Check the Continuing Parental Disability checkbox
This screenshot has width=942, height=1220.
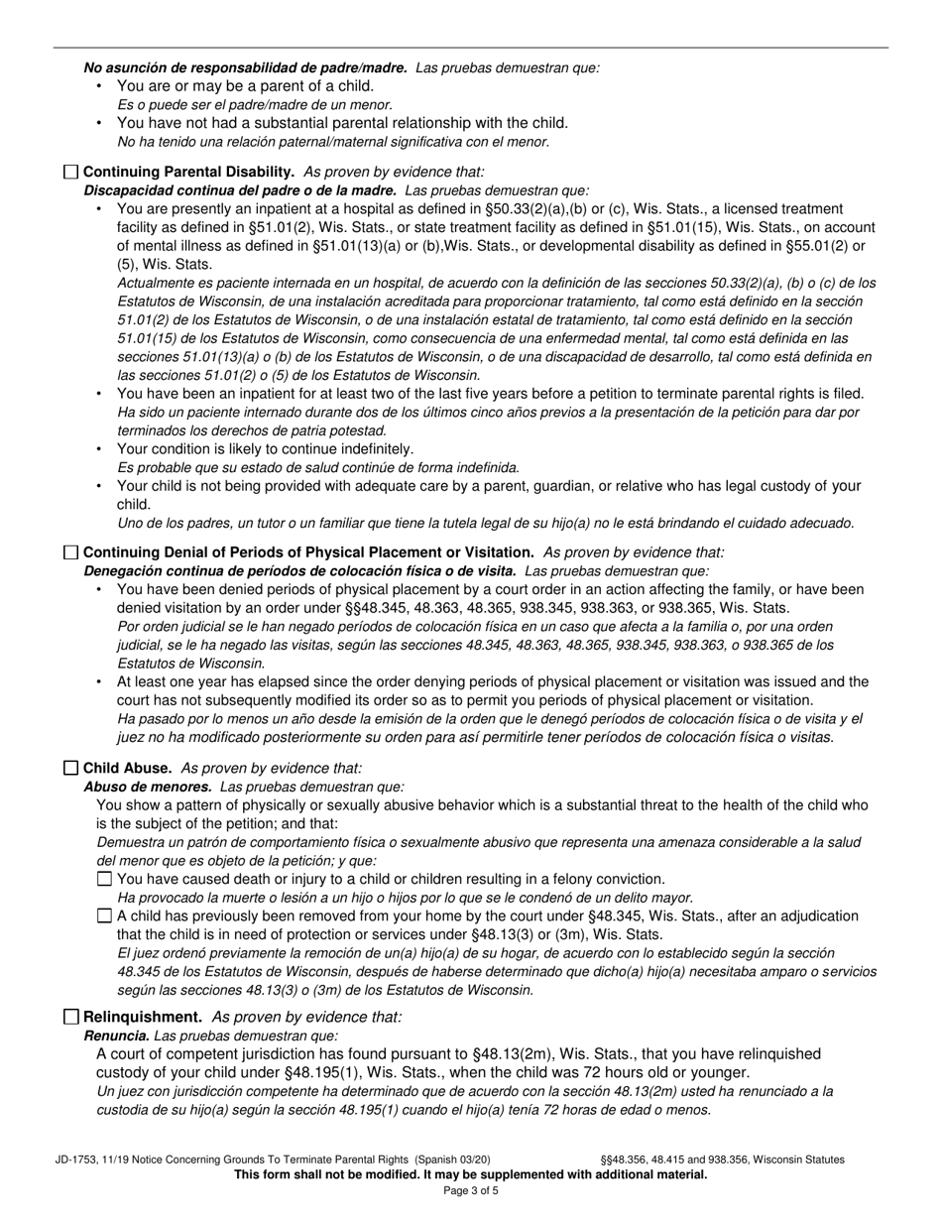[71, 172]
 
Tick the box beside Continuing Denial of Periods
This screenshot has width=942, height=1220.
[71, 552]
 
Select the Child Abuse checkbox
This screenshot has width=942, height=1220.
[71, 769]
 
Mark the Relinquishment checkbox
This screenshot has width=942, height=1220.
[71, 1018]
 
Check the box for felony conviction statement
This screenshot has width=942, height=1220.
[105, 880]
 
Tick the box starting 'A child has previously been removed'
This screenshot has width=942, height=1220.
[105, 916]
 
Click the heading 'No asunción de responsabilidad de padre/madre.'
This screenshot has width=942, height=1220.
[245, 68]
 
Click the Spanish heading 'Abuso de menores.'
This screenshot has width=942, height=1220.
[148, 787]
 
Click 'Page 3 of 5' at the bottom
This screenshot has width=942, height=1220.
[471, 1191]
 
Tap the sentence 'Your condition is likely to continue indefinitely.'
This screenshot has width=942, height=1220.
[265, 449]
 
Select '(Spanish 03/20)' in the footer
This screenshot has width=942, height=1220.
[452, 1159]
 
